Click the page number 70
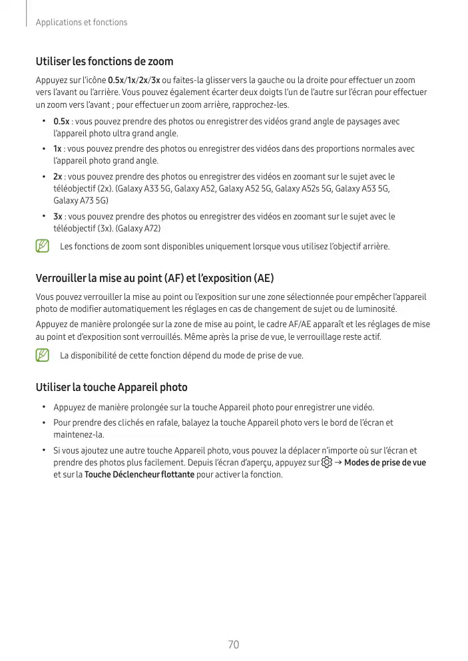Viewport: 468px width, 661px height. (233, 644)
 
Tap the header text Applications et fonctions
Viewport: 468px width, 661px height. (81, 23)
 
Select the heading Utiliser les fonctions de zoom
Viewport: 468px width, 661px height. (105, 62)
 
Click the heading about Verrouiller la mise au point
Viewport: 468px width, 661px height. (154, 277)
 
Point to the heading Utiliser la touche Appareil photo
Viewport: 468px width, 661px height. (111, 387)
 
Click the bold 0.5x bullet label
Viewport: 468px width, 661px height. (61, 122)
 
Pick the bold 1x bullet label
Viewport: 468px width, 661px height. (57, 149)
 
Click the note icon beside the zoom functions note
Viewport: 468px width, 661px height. (43, 247)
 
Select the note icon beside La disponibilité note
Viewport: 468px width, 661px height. (43, 355)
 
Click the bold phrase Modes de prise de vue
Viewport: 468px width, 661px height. (385, 462)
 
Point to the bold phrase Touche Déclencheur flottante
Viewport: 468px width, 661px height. (139, 475)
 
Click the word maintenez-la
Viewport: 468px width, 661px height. (79, 434)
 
